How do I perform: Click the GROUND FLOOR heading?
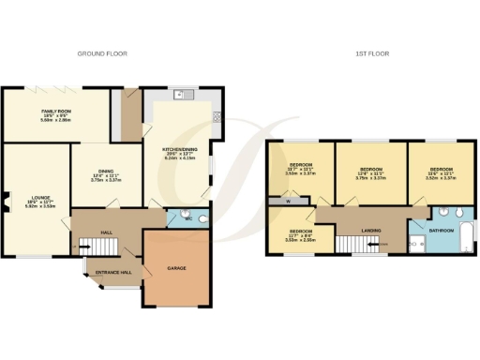[x=102, y=53]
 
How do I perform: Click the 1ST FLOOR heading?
[x=373, y=53]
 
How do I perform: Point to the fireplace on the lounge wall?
[x=5, y=199]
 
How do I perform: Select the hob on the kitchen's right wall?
[x=217, y=117]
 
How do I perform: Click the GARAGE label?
[x=176, y=268]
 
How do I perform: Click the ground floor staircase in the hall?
[x=97, y=247]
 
